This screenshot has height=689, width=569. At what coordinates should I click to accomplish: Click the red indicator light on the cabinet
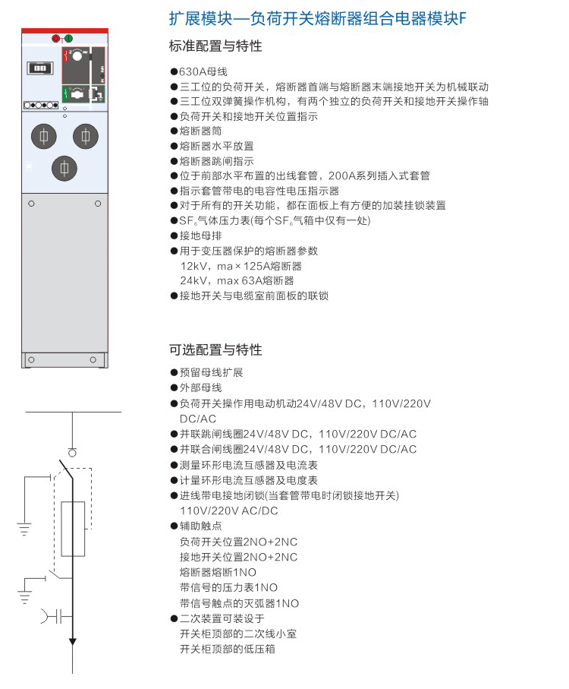point(55,39)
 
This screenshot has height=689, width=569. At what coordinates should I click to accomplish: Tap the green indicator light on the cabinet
point(69,39)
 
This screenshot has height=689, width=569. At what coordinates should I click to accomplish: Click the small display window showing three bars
point(40,68)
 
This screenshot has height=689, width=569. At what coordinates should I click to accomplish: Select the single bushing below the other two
point(64,169)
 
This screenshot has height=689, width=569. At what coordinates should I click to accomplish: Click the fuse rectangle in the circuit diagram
point(73,529)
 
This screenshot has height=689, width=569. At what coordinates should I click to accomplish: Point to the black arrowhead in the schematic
point(73,642)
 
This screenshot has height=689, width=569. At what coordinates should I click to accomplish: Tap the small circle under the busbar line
point(72,453)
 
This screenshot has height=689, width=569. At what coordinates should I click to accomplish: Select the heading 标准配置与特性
point(215,46)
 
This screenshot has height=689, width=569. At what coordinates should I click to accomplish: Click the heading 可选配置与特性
point(215,350)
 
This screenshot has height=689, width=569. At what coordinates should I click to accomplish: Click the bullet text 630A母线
point(203,71)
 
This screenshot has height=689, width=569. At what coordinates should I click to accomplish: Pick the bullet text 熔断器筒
point(200,131)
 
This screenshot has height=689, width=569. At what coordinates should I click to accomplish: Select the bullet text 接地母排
point(200,235)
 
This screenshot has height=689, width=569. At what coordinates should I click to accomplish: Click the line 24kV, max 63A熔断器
point(237,280)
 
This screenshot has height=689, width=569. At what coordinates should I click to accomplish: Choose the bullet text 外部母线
point(200,387)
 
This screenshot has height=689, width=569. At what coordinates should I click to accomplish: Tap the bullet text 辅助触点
point(200,526)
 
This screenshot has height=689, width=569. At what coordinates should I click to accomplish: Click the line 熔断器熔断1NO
point(218,572)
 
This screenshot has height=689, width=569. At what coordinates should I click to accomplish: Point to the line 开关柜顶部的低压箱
point(228,649)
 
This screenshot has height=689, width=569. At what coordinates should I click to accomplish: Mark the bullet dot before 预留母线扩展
point(174,373)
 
